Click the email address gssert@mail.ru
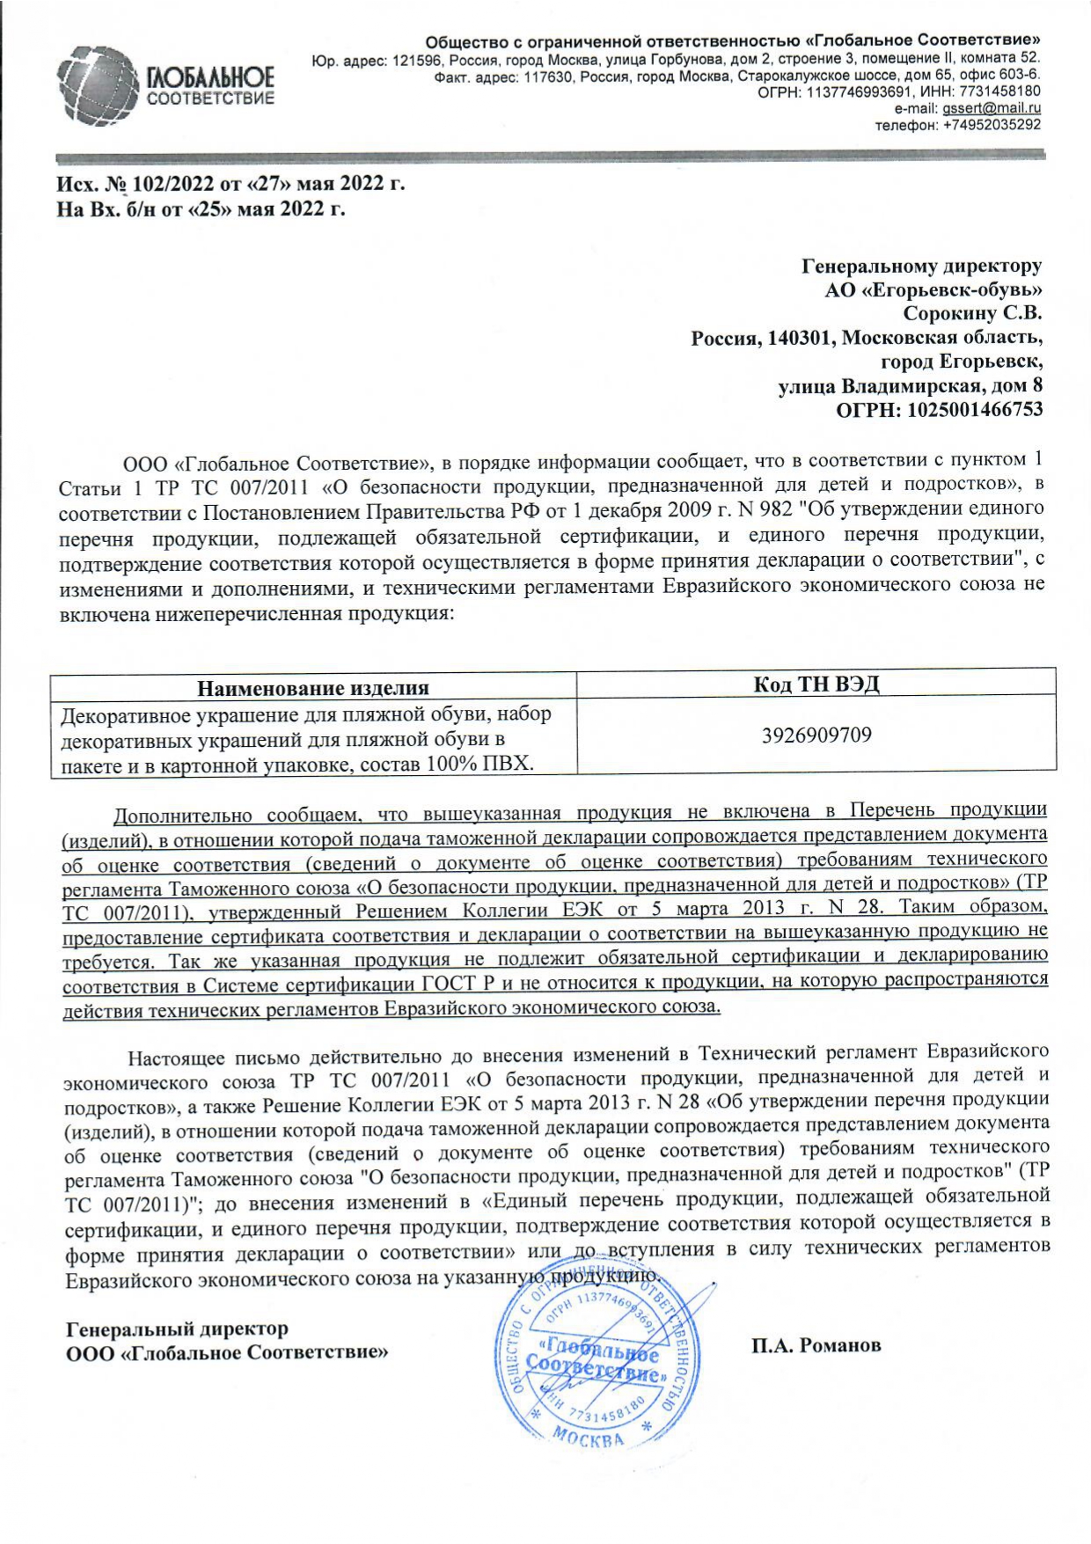992,108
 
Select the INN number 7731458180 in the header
999,91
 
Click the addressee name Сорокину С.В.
972,312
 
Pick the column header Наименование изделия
312,688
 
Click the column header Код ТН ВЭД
816,684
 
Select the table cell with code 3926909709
816,735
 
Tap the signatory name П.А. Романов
816,1345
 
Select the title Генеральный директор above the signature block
177,1328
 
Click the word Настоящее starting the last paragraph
178,1057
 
